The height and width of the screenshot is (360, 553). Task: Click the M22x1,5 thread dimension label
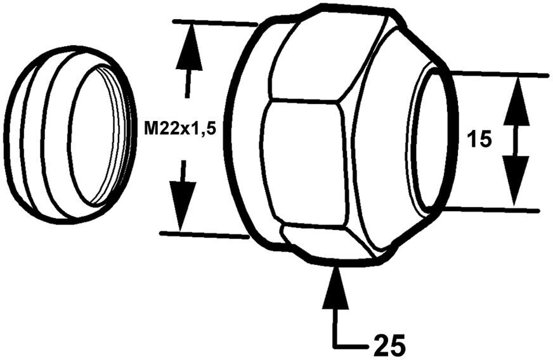pyautogui.click(x=180, y=129)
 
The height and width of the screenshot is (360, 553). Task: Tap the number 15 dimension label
pyautogui.click(x=479, y=138)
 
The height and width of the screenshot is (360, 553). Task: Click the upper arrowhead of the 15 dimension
pyautogui.click(x=516, y=101)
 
